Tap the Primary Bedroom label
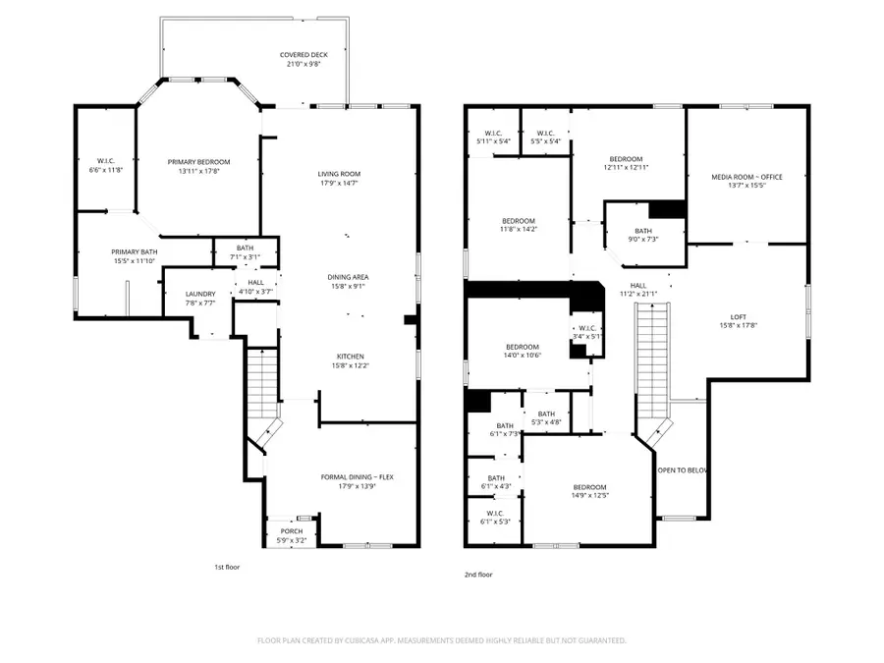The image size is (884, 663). (198, 162)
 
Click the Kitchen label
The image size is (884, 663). (351, 356)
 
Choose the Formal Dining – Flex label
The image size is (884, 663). (350, 477)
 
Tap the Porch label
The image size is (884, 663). (292, 531)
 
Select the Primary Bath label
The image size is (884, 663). (134, 252)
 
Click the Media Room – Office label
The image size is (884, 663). (746, 176)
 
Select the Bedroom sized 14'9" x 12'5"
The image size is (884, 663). (589, 487)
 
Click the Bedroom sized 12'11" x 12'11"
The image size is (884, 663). (626, 159)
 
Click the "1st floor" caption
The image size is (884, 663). (227, 567)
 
